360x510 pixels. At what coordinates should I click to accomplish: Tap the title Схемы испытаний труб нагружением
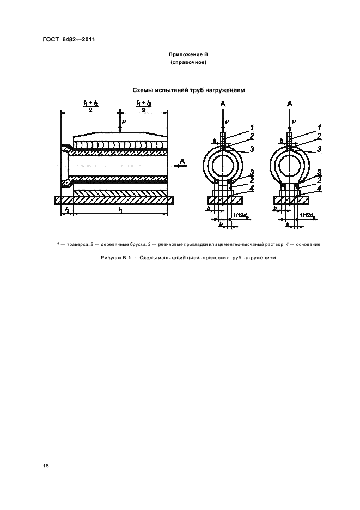(x=189, y=89)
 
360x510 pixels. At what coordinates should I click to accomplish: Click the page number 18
(x=45, y=466)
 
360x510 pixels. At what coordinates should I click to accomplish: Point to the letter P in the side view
(x=124, y=120)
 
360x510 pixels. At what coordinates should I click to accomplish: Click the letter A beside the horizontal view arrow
(x=182, y=161)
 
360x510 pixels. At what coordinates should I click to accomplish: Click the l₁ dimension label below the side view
(x=119, y=208)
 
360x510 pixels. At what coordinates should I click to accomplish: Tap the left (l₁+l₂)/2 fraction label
(x=89, y=105)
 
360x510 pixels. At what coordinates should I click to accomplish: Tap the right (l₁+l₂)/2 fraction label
(x=143, y=105)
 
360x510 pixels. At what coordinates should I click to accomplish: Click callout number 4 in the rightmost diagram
(x=319, y=188)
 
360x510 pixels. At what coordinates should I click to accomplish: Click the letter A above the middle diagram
(x=223, y=104)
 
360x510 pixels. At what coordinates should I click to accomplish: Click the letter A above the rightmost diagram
(x=290, y=104)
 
